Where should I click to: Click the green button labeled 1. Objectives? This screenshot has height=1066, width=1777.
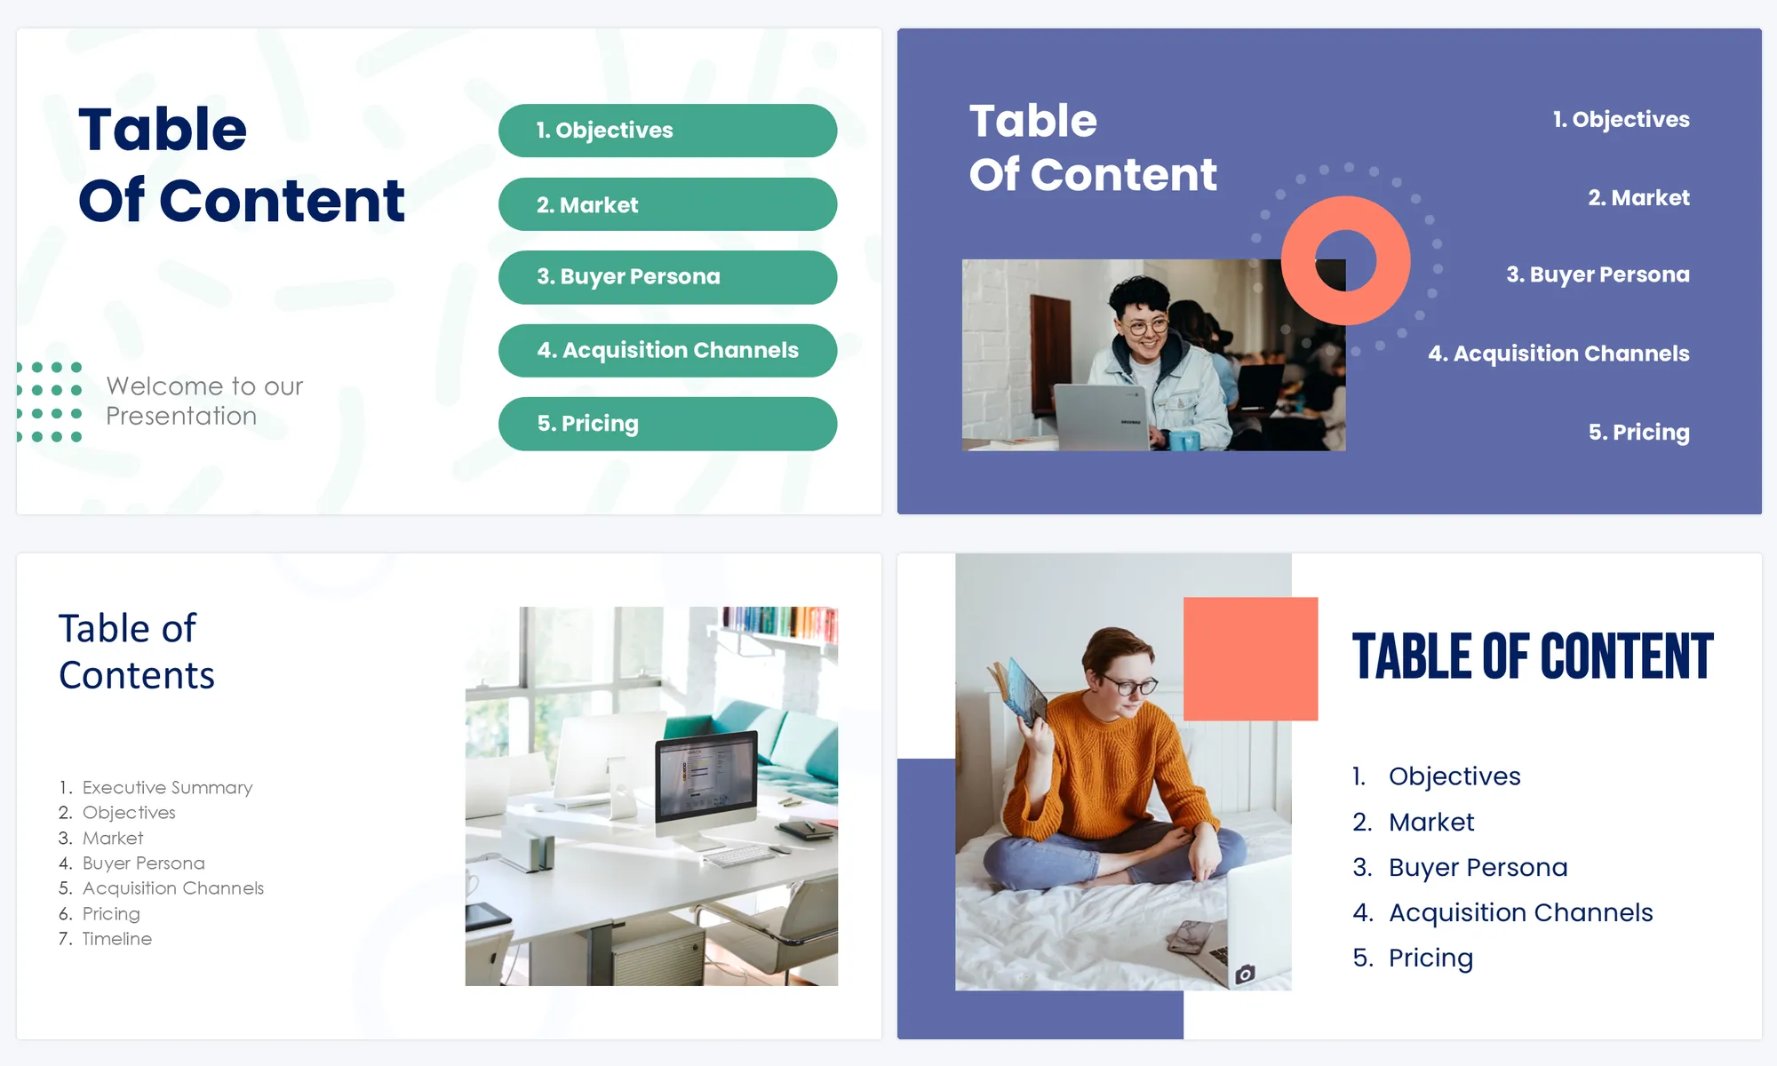pos(667,131)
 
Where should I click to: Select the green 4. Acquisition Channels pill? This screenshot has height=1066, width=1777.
pos(667,351)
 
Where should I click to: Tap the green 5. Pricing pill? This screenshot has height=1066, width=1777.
pos(667,424)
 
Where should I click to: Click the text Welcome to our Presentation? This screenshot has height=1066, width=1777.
pos(204,401)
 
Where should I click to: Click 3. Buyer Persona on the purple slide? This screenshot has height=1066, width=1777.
pos(1598,274)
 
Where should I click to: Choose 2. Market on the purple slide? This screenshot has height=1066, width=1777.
pos(1638,197)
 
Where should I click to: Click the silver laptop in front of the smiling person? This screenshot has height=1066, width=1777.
pos(1102,417)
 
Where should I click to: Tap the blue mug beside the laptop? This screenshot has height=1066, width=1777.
pos(1183,439)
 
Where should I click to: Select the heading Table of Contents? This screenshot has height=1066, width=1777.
pos(137,651)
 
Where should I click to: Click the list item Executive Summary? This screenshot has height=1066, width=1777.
pos(167,787)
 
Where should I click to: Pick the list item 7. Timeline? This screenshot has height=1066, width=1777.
pos(105,938)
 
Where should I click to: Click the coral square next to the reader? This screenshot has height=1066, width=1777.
pos(1250,658)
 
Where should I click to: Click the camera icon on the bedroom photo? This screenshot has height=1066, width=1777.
pos(1245,974)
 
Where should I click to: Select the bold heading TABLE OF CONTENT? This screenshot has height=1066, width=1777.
pos(1533,657)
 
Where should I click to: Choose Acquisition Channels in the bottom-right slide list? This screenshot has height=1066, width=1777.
pos(1520,912)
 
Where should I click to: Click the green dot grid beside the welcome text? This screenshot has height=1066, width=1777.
pos(50,402)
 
